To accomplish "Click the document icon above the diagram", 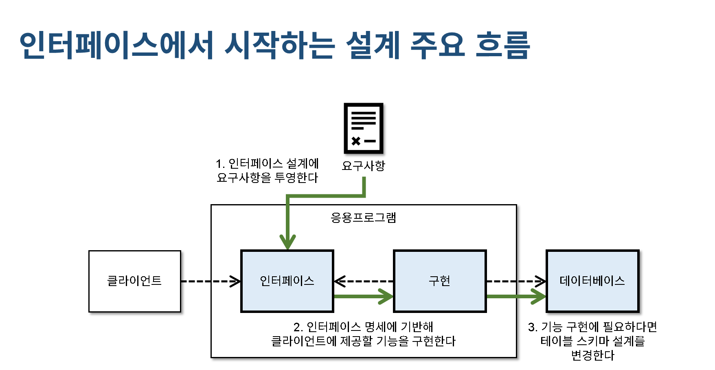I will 363,128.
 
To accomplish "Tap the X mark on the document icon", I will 356,141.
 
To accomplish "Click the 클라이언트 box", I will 134,281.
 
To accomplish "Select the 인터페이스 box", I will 287,281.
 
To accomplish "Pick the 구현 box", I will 440,281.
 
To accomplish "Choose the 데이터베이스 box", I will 592,281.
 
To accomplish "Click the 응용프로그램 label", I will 363,218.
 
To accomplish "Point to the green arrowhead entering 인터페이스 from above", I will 287,242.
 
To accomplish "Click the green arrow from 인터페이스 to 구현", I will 362,297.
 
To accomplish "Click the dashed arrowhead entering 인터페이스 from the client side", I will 235,281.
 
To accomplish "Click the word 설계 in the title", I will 373,45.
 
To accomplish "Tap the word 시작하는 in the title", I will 279,45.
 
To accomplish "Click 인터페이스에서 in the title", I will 116,45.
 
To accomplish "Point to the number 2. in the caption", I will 298,327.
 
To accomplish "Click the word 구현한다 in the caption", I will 434,341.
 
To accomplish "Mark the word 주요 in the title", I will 438,45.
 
